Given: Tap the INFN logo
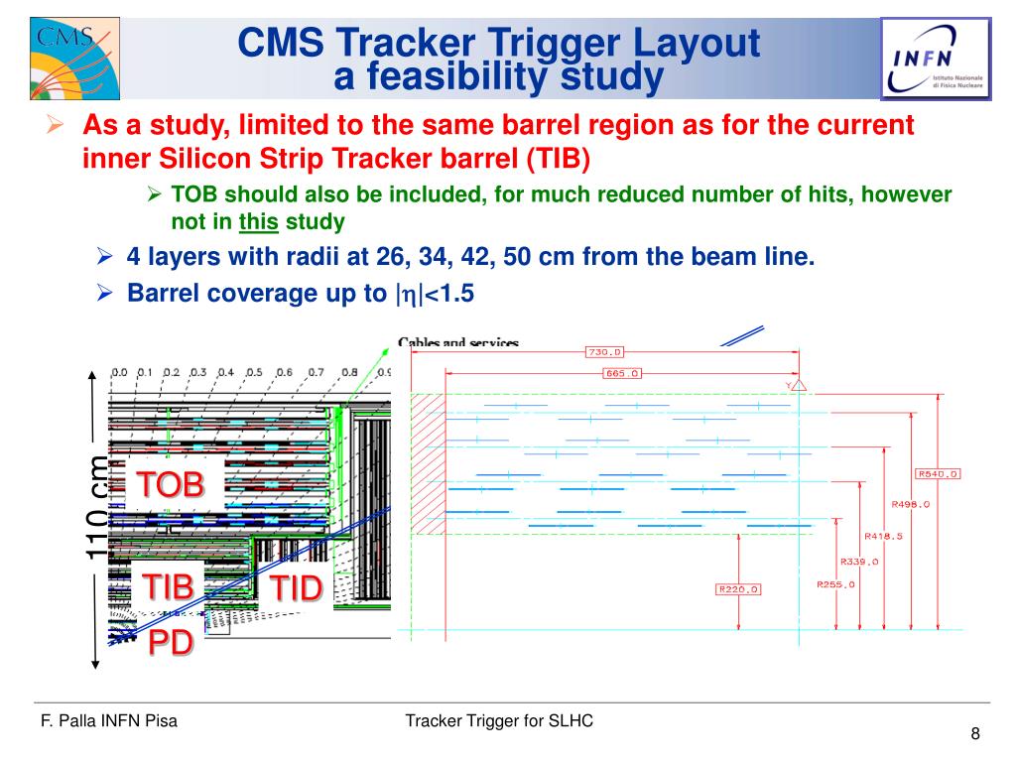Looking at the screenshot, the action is pos(935,58).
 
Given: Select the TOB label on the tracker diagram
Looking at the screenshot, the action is pos(169,484).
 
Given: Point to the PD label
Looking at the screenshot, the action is pos(170,642).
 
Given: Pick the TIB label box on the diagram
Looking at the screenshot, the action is pos(167,585).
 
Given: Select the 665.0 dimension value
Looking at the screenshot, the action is pos(622,373).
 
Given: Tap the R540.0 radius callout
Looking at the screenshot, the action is pos(938,473).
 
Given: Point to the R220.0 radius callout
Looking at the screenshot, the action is pos(738,588).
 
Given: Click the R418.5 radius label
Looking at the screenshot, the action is pos(882,536).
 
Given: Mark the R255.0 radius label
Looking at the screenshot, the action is pos(835,584).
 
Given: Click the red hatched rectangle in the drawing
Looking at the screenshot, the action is pos(428,464).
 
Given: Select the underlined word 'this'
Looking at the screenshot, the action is pos(258,221).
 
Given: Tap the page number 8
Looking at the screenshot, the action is pos(975,734).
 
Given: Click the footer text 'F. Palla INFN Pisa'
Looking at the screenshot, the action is pos(108,721).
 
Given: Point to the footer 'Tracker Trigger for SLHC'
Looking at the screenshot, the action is pos(499,721).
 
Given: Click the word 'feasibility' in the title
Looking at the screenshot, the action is pos(457,77).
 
